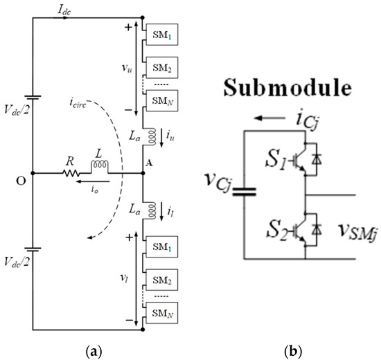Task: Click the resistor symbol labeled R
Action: [x=69, y=173]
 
